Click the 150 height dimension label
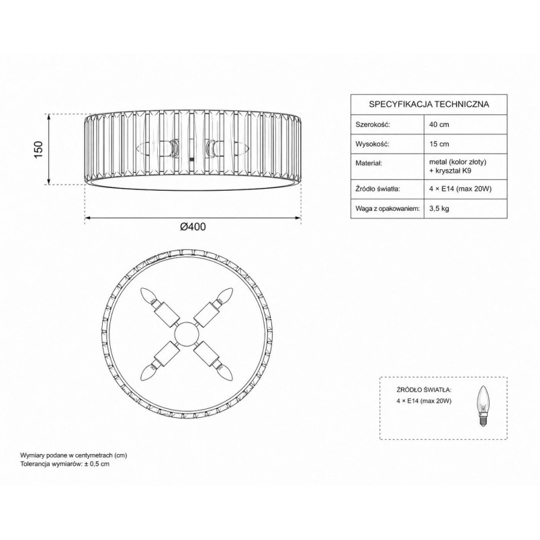(x=38, y=150)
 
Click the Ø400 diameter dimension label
(x=193, y=226)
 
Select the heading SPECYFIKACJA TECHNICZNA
(x=429, y=104)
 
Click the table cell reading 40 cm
(x=439, y=124)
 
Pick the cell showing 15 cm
(x=439, y=144)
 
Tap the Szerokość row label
(x=373, y=124)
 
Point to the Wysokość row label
(x=372, y=144)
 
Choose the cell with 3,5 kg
(x=439, y=208)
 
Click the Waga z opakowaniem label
(x=388, y=208)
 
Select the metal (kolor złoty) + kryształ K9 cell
(x=457, y=166)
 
